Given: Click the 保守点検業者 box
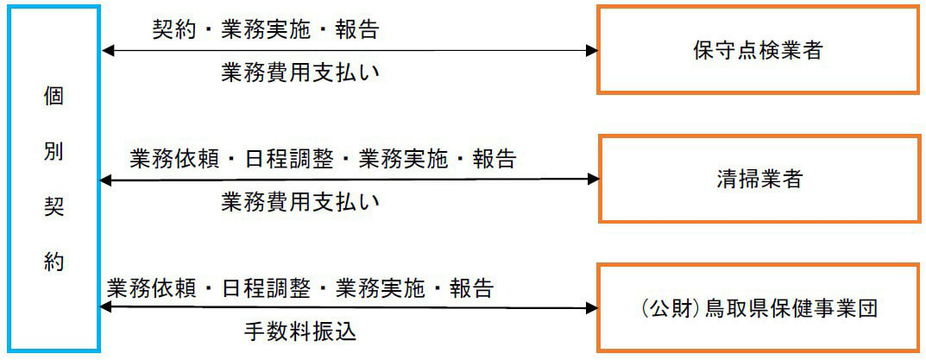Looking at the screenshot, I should coord(759,50).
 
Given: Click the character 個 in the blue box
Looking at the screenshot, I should coord(53,96).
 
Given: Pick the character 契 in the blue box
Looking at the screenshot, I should coord(53,206).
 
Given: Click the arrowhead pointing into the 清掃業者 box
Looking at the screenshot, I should coord(592,180).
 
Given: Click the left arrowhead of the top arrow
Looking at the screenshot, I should coord(107,51).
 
